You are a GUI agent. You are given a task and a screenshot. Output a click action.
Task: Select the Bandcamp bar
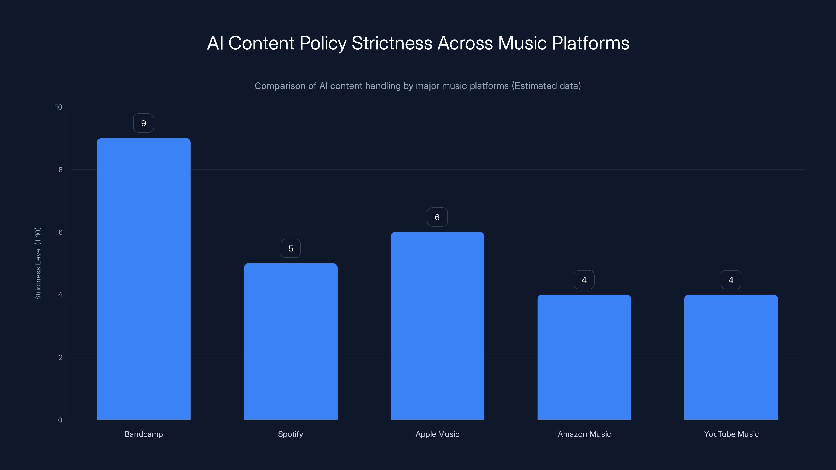(144, 279)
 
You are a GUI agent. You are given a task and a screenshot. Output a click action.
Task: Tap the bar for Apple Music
(437, 326)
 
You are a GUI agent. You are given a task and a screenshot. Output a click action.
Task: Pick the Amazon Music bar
(584, 357)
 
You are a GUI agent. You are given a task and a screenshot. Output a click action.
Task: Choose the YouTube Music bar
(731, 357)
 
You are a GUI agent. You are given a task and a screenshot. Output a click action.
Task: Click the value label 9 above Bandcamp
(143, 123)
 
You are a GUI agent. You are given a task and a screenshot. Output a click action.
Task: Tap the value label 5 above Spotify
(291, 249)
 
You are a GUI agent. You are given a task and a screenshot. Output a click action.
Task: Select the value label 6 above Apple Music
(437, 217)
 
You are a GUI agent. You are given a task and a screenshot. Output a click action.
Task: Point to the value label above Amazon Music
(584, 280)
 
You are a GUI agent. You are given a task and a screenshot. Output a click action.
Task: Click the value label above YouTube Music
(731, 280)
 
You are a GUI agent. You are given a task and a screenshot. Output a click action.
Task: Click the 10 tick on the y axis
(59, 107)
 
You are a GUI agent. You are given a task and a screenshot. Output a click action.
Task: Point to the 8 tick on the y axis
(60, 170)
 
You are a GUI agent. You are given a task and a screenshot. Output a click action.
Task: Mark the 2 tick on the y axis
(60, 357)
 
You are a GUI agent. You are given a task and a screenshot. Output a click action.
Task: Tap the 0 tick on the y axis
(60, 420)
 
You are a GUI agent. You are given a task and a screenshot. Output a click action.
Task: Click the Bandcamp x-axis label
(144, 434)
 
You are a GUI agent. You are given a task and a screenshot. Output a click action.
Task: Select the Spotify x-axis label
(291, 434)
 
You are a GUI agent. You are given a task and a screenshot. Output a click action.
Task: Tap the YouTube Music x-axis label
(731, 434)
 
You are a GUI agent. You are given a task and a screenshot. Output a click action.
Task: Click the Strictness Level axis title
(38, 263)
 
